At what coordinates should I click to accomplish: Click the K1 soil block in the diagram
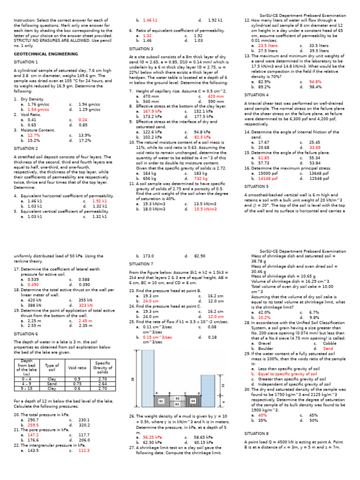pos(161,401)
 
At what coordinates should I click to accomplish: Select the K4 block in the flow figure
pos(193,401)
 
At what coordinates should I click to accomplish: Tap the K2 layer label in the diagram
pos(177,398)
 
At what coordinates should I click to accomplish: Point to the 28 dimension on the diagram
pos(133,379)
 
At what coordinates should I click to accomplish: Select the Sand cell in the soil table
pos(52,383)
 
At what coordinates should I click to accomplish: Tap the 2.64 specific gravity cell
pos(103,383)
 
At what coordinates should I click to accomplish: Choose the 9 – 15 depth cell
pos(26,388)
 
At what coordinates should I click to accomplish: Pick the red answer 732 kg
pos(201,179)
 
